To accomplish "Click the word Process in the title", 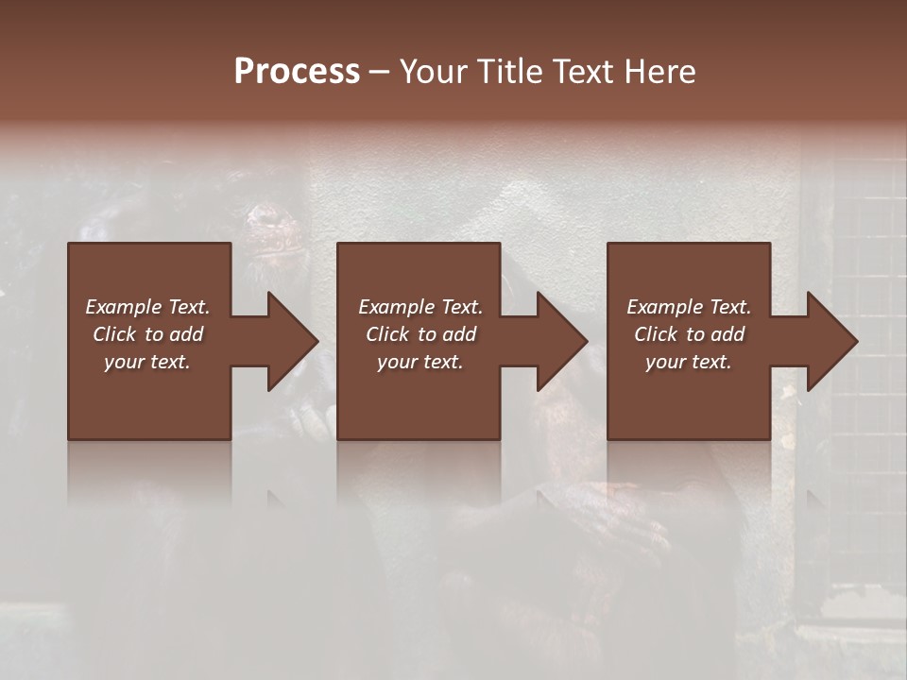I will pos(297,72).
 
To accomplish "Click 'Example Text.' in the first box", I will pos(147,307).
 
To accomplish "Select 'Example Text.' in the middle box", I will pos(419,307).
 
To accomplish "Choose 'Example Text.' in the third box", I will pos(689,307).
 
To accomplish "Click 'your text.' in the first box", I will pos(147,362).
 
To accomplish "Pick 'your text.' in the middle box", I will pos(419,362).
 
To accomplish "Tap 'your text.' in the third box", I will pos(689,362).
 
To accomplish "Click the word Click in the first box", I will pos(114,334).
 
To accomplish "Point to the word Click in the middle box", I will pos(387,334).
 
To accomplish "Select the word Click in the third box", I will pos(656,334).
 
